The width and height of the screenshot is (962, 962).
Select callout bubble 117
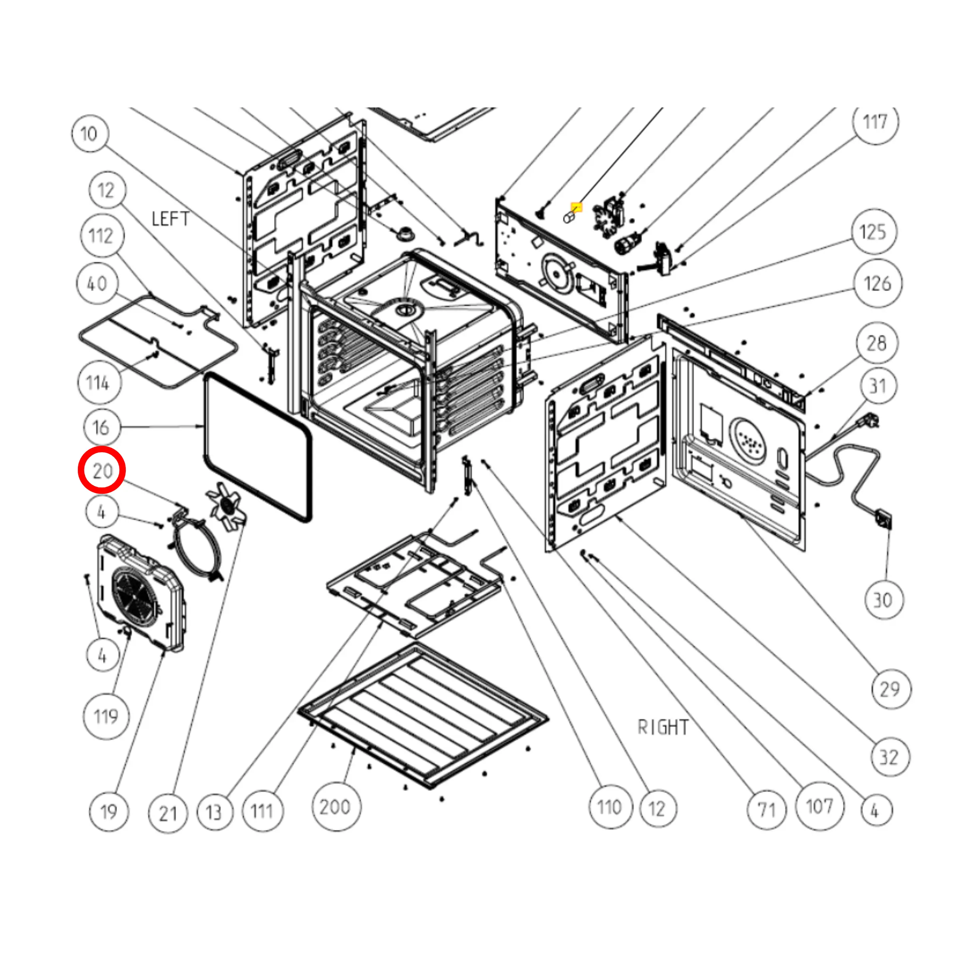click(875, 122)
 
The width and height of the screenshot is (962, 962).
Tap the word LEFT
click(170, 219)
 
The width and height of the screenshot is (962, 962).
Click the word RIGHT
click(663, 727)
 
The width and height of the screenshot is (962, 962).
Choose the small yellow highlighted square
click(576, 207)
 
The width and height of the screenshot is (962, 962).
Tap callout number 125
click(873, 232)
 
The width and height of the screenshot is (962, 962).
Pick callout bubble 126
click(877, 284)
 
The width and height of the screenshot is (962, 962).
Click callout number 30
click(883, 600)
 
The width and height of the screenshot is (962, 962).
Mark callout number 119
click(106, 717)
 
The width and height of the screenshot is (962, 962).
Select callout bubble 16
click(101, 427)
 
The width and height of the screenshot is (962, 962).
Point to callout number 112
click(101, 236)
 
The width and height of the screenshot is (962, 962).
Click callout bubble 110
click(610, 807)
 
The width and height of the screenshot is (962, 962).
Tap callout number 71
click(766, 810)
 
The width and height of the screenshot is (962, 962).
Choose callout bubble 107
click(819, 806)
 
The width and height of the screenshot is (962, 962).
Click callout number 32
click(889, 757)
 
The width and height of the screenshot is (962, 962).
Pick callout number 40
click(97, 284)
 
